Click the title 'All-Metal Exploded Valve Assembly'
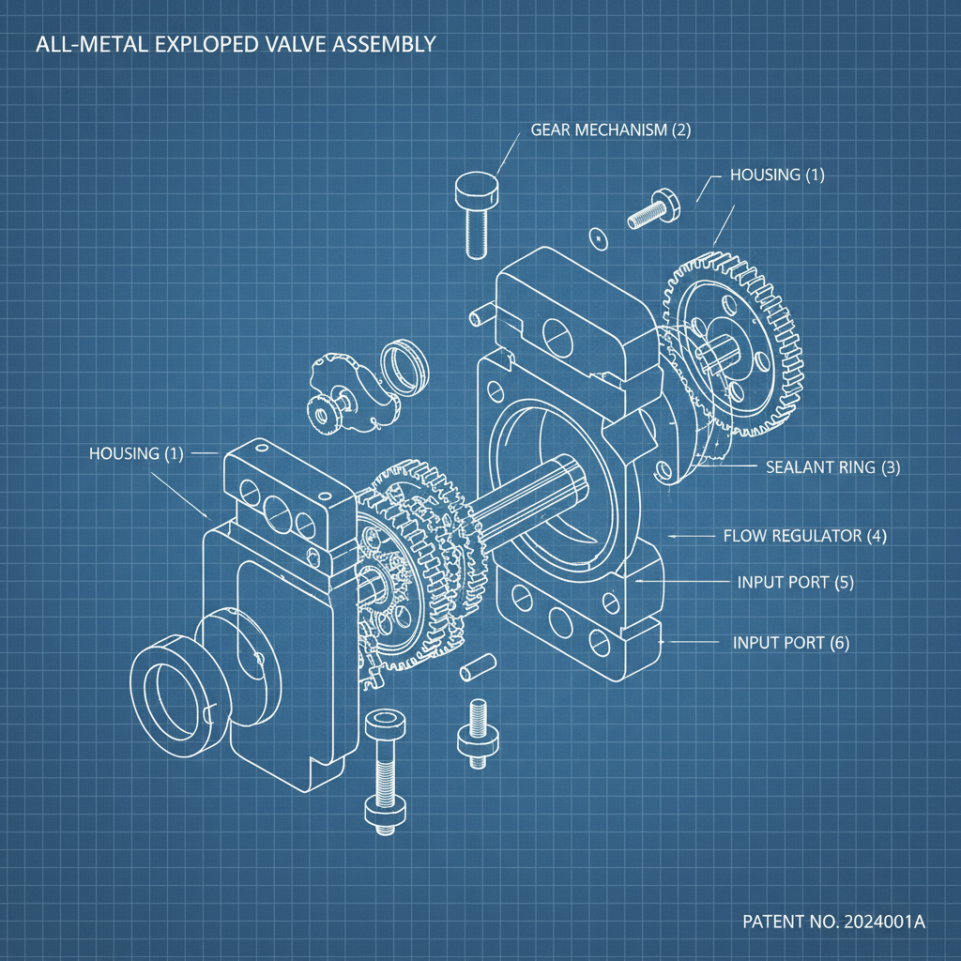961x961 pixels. (234, 44)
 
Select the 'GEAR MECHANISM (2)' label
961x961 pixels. (611, 130)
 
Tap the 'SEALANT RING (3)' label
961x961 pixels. (832, 466)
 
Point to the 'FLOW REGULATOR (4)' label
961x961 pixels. (804, 536)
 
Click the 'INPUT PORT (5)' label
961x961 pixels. (796, 582)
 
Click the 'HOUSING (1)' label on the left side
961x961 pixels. (136, 453)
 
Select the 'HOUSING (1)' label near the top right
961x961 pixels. (776, 175)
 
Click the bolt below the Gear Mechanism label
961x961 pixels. (476, 211)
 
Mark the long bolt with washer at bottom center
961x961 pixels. (385, 770)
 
